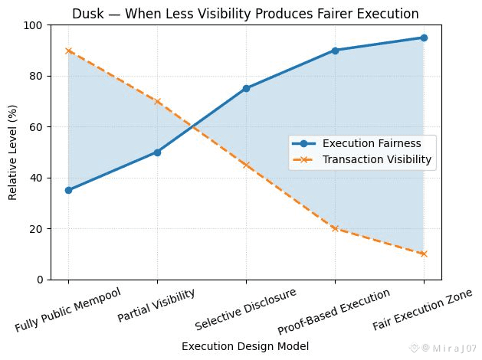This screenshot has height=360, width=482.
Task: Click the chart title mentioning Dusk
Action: (x=245, y=13)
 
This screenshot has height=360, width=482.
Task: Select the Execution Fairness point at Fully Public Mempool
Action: (x=68, y=190)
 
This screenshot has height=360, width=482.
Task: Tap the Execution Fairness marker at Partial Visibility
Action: (x=157, y=152)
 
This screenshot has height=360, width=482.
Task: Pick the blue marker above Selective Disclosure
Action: (x=246, y=88)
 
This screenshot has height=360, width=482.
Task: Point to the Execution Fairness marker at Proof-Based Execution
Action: (x=335, y=51)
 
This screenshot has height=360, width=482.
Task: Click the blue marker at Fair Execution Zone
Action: (x=424, y=38)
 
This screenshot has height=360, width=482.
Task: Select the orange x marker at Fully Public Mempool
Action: (x=68, y=51)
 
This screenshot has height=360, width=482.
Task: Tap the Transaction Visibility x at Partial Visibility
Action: (x=157, y=101)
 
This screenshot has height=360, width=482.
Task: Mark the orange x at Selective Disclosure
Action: (x=246, y=165)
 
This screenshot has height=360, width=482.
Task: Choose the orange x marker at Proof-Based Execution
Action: (x=335, y=228)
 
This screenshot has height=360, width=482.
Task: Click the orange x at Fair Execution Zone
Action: (x=424, y=254)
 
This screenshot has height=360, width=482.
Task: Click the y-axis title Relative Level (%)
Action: (x=13, y=152)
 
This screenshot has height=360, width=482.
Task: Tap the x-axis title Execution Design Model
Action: (x=245, y=346)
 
